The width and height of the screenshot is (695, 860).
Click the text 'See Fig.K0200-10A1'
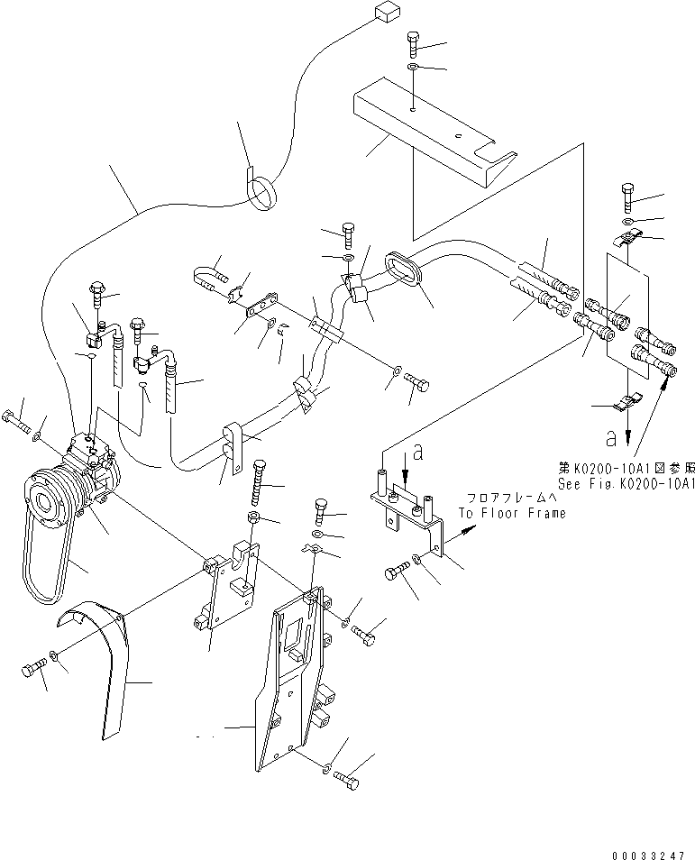coord(626,483)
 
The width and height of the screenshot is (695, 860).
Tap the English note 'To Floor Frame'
coord(512,513)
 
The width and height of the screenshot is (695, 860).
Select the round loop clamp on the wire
coord(263,192)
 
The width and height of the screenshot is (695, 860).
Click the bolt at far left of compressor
coord(16,418)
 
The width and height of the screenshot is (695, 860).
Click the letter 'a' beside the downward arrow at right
coord(611,439)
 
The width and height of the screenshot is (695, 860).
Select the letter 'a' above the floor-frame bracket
coord(416,447)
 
